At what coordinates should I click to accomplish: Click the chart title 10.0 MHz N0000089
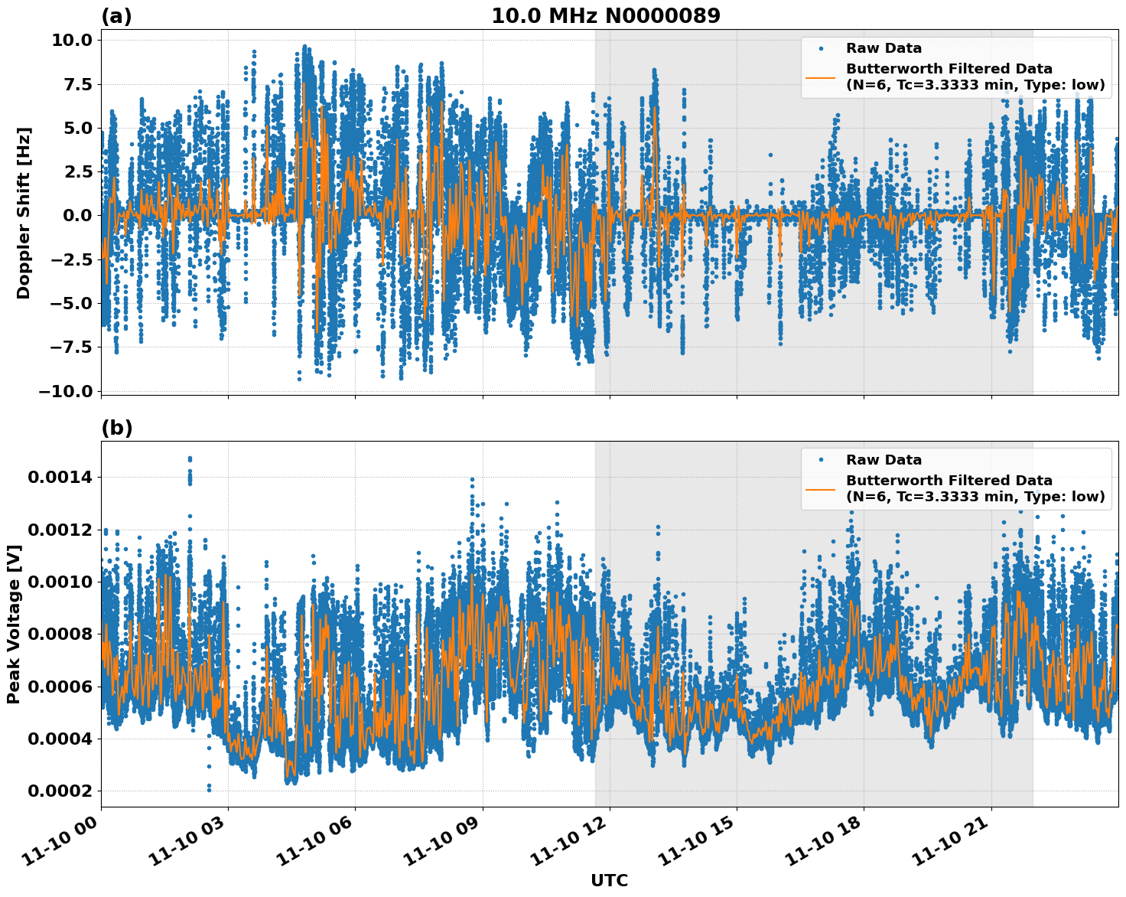pyautogui.click(x=605, y=16)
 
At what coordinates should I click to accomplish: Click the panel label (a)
pyautogui.click(x=116, y=16)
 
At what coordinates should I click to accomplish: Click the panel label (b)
pyautogui.click(x=116, y=428)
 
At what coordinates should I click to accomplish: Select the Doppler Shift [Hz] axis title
pyautogui.click(x=24, y=213)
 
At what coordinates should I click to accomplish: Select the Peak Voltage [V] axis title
pyautogui.click(x=13, y=624)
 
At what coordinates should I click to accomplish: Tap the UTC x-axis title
pyautogui.click(x=609, y=880)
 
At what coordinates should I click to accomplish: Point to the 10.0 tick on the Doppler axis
pyautogui.click(x=71, y=40)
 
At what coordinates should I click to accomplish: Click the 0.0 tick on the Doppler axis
pyautogui.click(x=76, y=216)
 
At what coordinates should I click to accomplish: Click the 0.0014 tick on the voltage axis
pyautogui.click(x=60, y=478)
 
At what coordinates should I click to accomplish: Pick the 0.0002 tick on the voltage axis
pyautogui.click(x=60, y=791)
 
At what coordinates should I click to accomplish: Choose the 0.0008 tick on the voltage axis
pyautogui.click(x=60, y=634)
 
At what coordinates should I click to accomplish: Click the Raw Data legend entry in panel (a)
pyautogui.click(x=884, y=48)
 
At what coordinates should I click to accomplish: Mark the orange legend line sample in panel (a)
pyautogui.click(x=820, y=77)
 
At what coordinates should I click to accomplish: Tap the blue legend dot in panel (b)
pyautogui.click(x=820, y=460)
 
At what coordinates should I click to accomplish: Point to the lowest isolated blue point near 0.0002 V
pyautogui.click(x=209, y=788)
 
